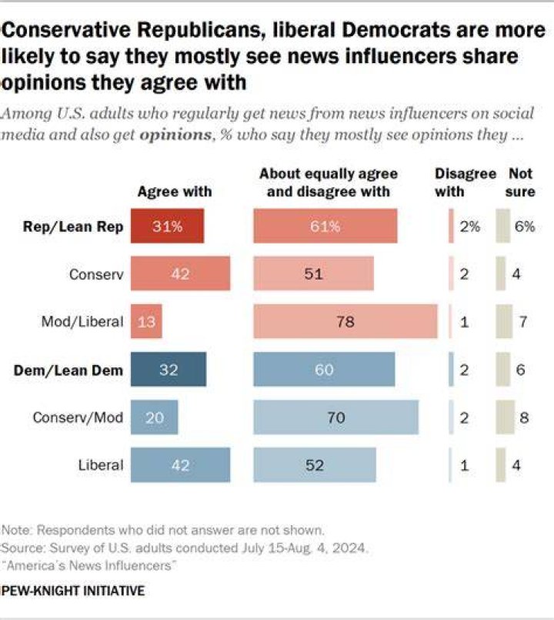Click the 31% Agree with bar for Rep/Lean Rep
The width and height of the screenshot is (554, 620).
click(x=167, y=226)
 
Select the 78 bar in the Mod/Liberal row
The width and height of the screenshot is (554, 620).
click(x=345, y=321)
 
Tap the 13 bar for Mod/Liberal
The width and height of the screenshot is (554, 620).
click(x=146, y=321)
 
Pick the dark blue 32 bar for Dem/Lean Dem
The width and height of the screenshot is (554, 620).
click(x=169, y=369)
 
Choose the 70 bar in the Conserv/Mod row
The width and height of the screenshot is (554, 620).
click(x=336, y=417)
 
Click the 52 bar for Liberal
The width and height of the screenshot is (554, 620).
click(x=315, y=465)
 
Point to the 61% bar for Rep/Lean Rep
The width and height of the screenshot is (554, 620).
click(x=325, y=226)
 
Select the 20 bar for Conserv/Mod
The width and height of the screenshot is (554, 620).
click(x=154, y=417)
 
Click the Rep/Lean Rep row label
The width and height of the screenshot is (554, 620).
click(x=73, y=226)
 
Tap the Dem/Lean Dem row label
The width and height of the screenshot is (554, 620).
click(x=68, y=370)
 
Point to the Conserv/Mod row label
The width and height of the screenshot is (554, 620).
click(x=78, y=417)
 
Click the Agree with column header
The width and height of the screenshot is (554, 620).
click(x=175, y=192)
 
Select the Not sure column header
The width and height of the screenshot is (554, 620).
click(x=520, y=183)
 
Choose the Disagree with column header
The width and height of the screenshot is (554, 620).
click(x=465, y=183)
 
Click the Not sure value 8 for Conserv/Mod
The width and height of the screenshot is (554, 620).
click(x=524, y=417)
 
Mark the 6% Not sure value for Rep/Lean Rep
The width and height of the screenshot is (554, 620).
click(x=525, y=226)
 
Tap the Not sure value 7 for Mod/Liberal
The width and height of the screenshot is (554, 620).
click(x=523, y=321)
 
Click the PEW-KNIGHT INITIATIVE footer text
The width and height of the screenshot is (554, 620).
click(x=73, y=591)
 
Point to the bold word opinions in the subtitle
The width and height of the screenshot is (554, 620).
click(x=176, y=135)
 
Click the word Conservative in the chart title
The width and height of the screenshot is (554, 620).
click(x=65, y=30)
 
